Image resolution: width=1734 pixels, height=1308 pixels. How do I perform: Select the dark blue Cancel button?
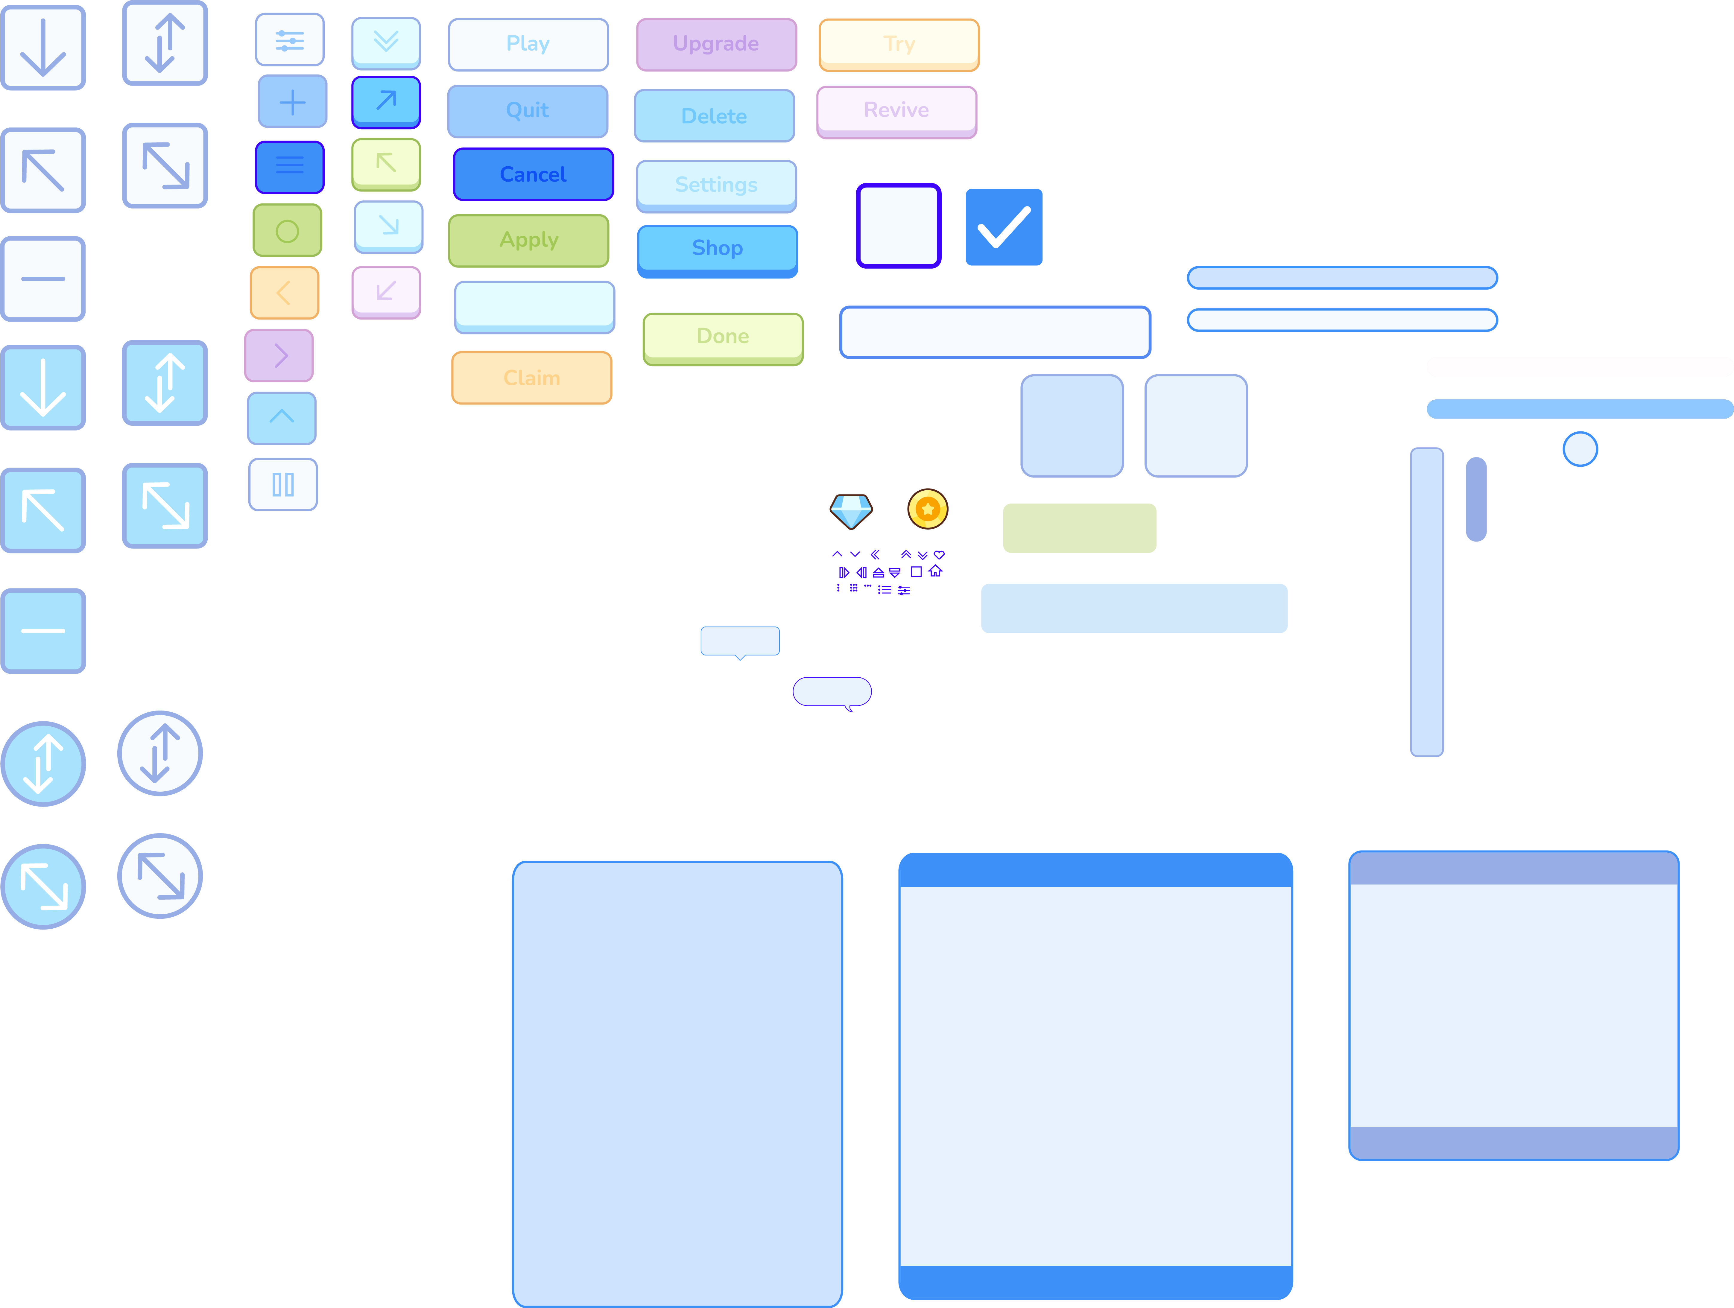[533, 174]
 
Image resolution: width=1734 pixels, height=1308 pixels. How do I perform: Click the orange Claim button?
[531, 378]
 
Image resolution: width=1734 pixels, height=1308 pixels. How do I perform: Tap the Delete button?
[714, 116]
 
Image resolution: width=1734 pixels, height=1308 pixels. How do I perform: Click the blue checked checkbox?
[1004, 227]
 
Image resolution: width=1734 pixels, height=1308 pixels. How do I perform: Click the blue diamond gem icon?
[851, 511]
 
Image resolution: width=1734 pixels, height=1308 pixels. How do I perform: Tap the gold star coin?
[928, 509]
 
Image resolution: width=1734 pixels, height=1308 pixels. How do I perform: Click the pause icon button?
[283, 484]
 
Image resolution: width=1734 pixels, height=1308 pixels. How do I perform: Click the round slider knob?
[1580, 449]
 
